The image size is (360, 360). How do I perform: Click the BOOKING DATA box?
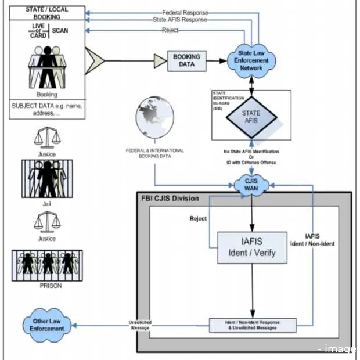[186, 60]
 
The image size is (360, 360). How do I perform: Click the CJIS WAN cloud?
[250, 186]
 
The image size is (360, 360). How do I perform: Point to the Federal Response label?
[184, 12]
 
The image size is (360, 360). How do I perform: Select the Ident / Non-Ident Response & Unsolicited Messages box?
[252, 325]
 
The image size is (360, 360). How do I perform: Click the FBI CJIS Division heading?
[170, 199]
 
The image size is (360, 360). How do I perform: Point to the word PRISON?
[47, 286]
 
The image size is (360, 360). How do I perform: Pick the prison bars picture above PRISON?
[47, 265]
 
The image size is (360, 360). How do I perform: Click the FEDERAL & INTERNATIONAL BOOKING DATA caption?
[155, 153]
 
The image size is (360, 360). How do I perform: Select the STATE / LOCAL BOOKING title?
[46, 14]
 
